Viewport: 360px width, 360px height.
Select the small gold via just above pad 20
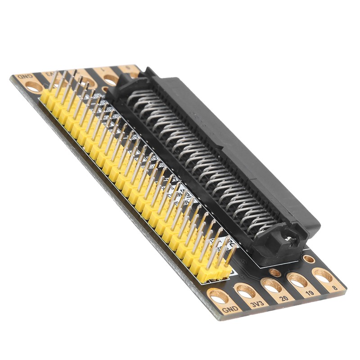[x=275, y=272]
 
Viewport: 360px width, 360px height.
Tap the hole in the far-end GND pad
[x=33, y=86]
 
